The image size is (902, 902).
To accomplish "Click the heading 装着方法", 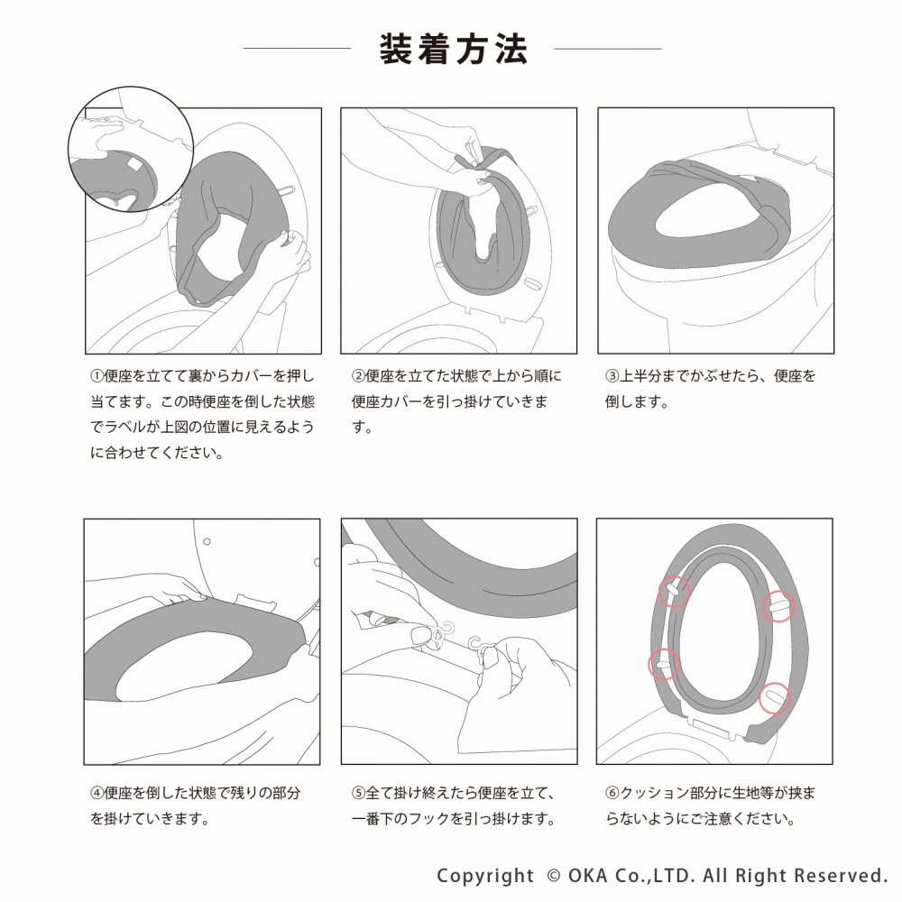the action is [x=454, y=49].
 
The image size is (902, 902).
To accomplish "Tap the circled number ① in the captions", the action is [x=97, y=376].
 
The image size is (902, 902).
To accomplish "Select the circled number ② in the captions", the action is [x=358, y=376].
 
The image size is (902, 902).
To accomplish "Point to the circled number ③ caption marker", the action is [x=612, y=376].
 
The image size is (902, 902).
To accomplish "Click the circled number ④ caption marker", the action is [x=97, y=793].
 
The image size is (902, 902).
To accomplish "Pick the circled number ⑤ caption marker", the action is [x=358, y=793].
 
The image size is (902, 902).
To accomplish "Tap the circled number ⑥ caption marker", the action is [x=612, y=793].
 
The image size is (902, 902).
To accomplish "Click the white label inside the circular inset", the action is [x=134, y=163].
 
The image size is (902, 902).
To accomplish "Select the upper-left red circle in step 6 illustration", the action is [x=674, y=592].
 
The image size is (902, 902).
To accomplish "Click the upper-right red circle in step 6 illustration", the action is [x=778, y=606].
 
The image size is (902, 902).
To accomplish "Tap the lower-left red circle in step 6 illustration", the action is [x=664, y=664].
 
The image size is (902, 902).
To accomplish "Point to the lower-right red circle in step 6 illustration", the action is [x=774, y=698].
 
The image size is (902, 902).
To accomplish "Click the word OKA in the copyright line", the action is [x=587, y=876].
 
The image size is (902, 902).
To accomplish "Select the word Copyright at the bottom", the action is [x=485, y=876].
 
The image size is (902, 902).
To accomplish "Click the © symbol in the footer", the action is [x=554, y=876].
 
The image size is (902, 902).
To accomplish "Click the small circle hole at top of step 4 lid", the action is [x=207, y=541].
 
